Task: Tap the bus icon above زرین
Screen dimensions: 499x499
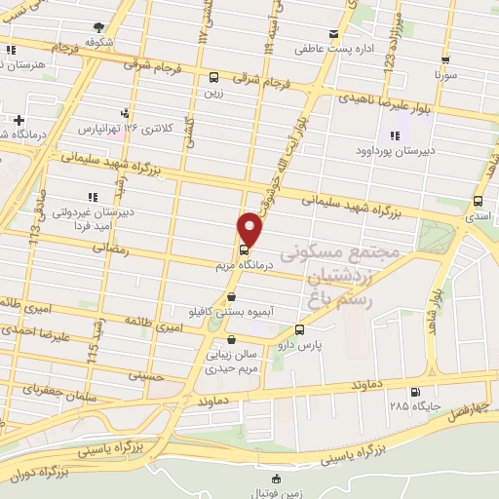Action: pyautogui.click(x=213, y=77)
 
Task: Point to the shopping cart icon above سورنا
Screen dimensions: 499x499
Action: pyautogui.click(x=444, y=58)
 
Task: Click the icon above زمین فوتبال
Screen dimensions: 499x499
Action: pyautogui.click(x=276, y=478)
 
